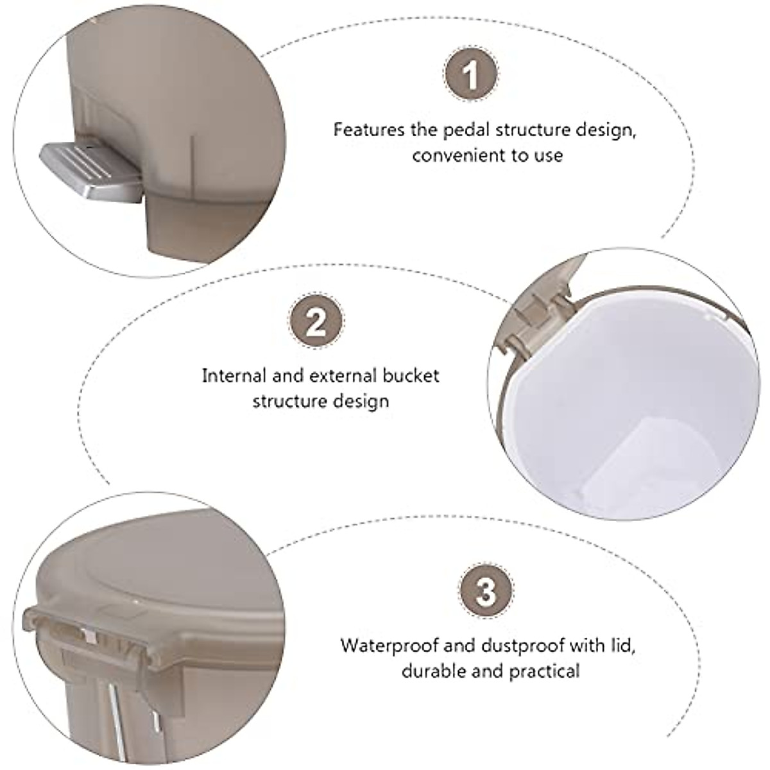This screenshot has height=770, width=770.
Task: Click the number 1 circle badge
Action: [x=472, y=76]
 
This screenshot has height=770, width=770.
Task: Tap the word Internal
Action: [x=234, y=375]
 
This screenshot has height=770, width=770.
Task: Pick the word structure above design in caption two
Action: [x=291, y=402]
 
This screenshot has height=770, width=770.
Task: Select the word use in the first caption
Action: [x=546, y=155]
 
